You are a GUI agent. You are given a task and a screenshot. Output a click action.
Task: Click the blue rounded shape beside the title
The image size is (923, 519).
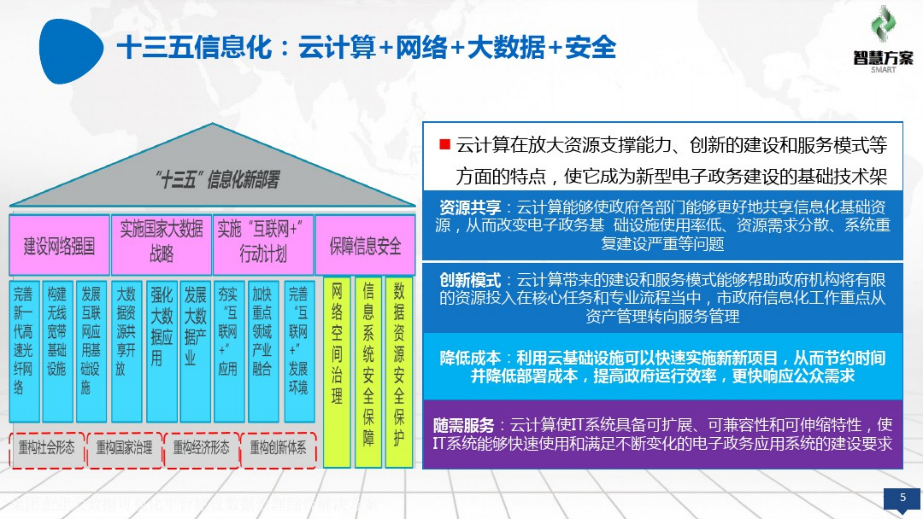coord(70,51)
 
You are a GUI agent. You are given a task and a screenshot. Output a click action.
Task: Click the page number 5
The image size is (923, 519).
coord(903,497)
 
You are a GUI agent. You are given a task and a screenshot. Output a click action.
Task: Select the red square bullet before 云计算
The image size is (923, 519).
coord(445,145)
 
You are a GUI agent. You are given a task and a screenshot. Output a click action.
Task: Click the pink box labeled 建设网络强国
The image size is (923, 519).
coord(59,245)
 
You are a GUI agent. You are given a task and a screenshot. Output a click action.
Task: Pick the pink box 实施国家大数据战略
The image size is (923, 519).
coord(161,245)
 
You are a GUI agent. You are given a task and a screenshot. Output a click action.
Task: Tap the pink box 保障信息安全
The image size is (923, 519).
coord(365,245)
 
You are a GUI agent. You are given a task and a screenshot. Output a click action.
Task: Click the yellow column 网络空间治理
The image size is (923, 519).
coord(336,372)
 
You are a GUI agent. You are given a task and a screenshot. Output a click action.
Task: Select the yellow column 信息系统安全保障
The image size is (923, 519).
coord(368,372)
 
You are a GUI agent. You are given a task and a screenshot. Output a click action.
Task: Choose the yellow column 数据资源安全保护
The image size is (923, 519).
coord(399,372)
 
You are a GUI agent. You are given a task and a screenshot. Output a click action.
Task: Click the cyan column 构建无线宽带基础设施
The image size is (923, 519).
coord(57,351)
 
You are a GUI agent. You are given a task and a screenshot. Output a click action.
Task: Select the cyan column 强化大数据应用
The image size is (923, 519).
coord(161,351)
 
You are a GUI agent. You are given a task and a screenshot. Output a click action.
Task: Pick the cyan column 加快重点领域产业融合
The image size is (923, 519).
coord(263,351)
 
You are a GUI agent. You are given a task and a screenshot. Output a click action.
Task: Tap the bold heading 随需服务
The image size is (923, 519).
coord(464,426)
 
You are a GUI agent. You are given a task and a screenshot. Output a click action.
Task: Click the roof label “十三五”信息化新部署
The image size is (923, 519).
coord(218,179)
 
